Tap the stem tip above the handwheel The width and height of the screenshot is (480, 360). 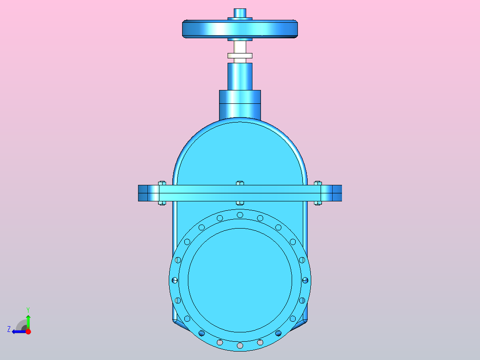click(240, 13)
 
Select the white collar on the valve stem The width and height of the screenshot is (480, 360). click(240, 55)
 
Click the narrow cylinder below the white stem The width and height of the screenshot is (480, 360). click(240, 76)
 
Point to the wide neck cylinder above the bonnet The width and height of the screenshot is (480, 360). click(240, 105)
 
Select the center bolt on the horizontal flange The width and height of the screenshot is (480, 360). click(240, 193)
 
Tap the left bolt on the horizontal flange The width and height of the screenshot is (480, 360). click(162, 193)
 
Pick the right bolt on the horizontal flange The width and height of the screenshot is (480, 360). click(318, 193)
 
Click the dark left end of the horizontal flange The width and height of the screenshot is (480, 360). click(143, 193)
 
